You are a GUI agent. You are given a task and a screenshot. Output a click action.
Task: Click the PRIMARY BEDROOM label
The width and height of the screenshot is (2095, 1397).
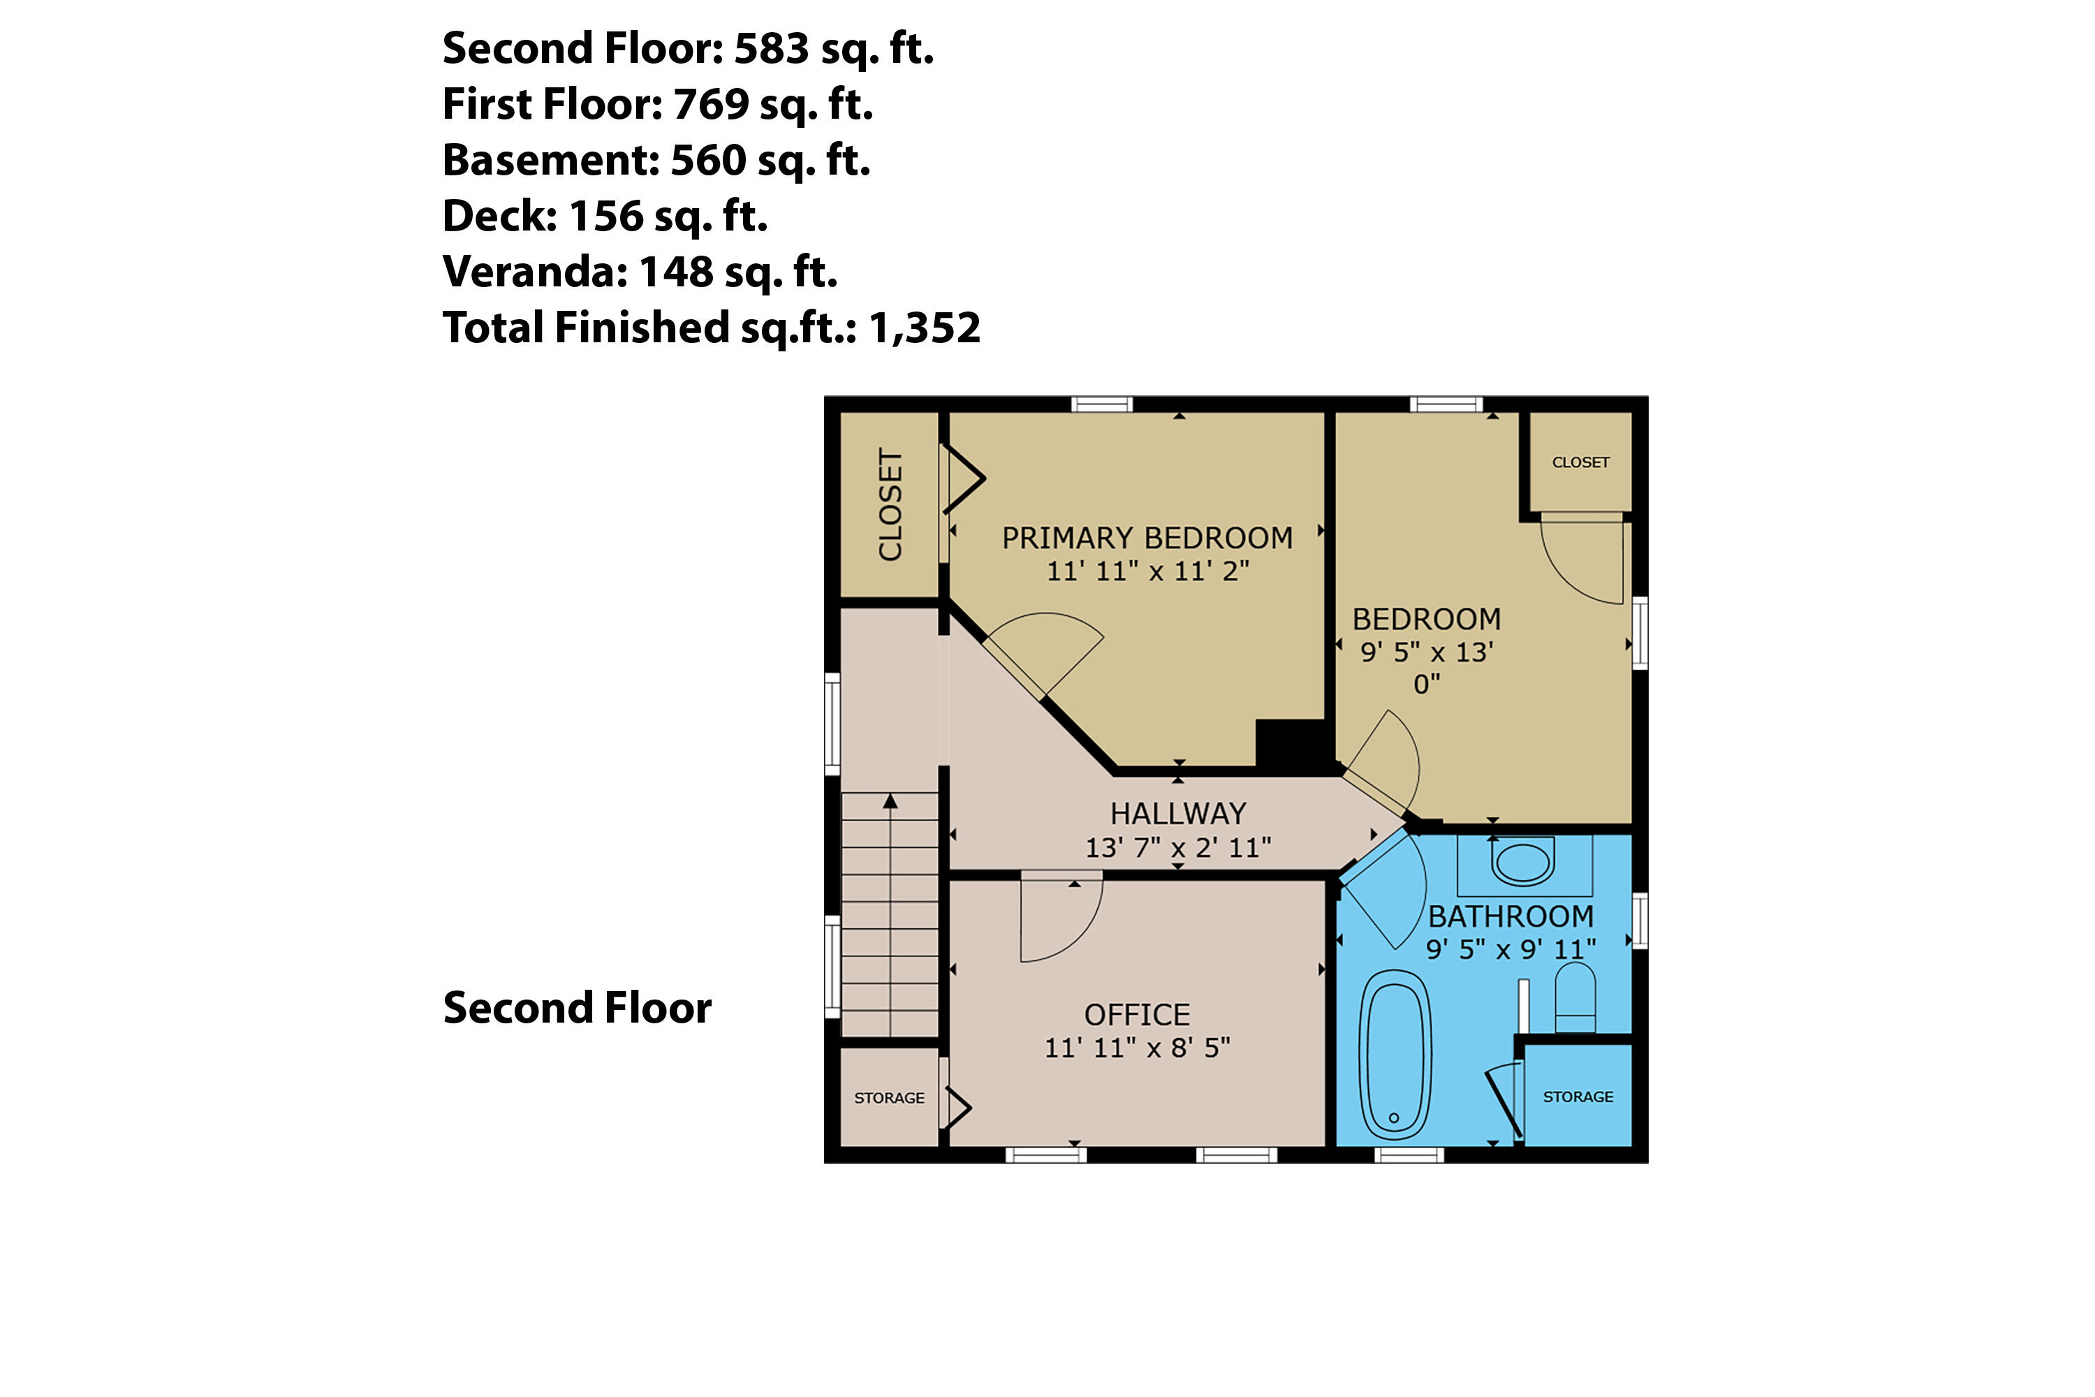(x=1147, y=538)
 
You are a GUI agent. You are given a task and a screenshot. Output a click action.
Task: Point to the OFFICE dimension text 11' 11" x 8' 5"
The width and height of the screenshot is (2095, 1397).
(x=1137, y=1048)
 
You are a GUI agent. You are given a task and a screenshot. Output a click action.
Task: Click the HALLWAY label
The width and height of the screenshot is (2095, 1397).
(x=1177, y=814)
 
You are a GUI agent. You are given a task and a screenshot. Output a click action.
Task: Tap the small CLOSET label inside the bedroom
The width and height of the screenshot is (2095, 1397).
(x=1580, y=462)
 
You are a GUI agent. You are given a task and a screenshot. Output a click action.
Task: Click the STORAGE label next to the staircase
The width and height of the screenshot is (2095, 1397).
(x=889, y=1097)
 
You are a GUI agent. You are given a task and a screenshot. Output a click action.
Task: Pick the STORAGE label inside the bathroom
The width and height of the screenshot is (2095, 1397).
(x=1578, y=1097)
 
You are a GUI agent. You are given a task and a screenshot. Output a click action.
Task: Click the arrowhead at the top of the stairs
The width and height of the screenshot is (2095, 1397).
(x=890, y=801)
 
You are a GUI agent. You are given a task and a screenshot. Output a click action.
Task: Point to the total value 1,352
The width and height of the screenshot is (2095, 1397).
(x=924, y=328)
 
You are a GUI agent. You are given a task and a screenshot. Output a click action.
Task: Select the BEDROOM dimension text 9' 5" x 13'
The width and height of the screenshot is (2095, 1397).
(x=1426, y=652)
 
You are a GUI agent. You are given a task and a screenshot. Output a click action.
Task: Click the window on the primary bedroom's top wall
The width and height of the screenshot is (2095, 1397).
(x=1101, y=404)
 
